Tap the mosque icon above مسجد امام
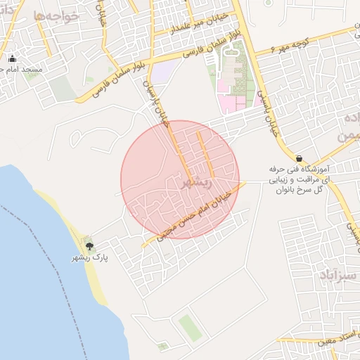click(11, 58)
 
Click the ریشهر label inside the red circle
click(194, 183)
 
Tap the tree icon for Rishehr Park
click(89, 245)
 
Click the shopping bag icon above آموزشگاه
click(300, 159)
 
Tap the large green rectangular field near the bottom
click(190, 328)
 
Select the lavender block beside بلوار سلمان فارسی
click(165, 70)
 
